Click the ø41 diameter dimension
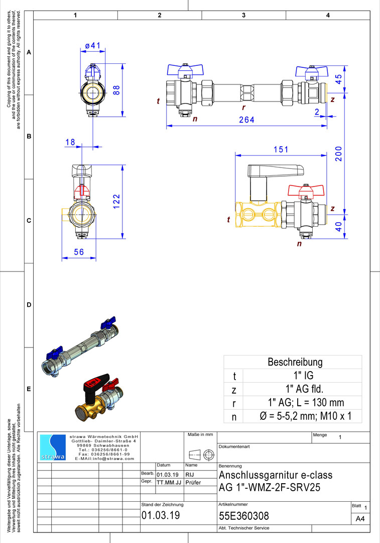(93, 45)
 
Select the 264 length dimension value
(246, 120)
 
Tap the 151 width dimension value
(281, 149)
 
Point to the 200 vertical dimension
(338, 154)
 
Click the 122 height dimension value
(116, 202)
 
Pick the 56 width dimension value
(79, 252)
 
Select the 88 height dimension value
(116, 90)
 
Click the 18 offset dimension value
(70, 142)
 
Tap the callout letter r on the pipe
(243, 108)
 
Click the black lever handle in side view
(276, 170)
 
